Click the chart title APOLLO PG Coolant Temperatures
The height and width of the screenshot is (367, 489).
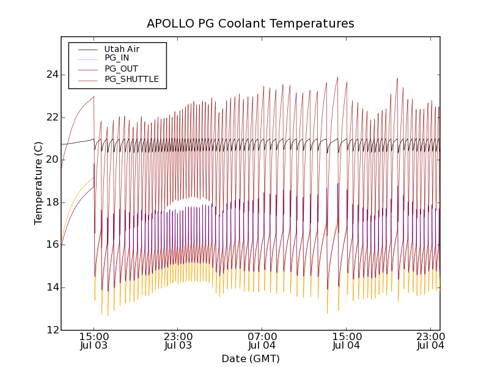[x=250, y=24]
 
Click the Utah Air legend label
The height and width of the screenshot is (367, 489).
[x=122, y=49]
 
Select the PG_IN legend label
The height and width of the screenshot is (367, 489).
[x=117, y=58]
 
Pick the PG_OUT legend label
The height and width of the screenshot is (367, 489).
[x=121, y=69]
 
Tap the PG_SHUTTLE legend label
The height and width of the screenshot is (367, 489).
[x=131, y=79]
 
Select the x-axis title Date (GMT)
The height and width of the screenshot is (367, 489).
[x=250, y=358]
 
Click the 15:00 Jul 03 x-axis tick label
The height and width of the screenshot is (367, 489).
[x=94, y=341]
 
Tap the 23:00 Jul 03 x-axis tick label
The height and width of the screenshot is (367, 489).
[x=178, y=341]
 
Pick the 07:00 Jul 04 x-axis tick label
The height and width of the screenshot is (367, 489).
[x=262, y=341]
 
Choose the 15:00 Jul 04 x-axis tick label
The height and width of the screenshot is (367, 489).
[x=347, y=341]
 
